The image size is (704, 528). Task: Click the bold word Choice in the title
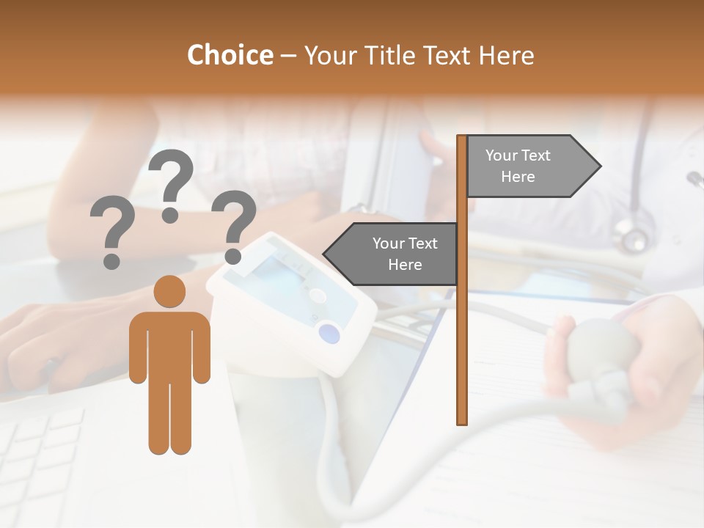pos(230,55)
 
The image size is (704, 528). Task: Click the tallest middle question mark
pos(171,183)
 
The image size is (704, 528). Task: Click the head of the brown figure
pos(169,292)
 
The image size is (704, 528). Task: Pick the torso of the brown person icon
pos(169,345)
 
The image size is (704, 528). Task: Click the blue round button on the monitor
pos(330,334)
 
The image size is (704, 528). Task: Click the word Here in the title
pos(507,55)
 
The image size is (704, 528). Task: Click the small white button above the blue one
pos(318,296)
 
